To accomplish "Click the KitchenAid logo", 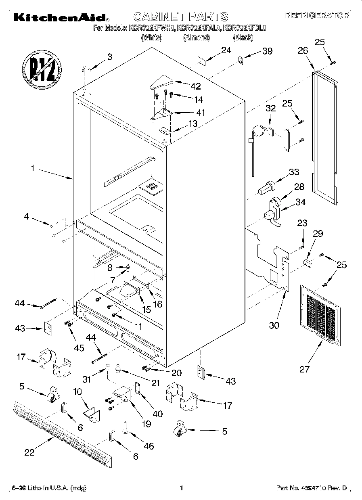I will tap(60, 17).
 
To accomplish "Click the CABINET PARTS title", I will tap(180, 17).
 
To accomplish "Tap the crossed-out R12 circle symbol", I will tap(42, 67).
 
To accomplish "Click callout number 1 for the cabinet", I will tap(33, 169).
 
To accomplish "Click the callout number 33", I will tap(294, 172).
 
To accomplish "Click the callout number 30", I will tap(274, 325).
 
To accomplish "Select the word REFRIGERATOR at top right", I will tap(317, 16).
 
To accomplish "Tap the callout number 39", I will tap(267, 51).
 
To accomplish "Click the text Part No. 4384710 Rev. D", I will tap(312, 488).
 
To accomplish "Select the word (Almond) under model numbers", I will tap(197, 38).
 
